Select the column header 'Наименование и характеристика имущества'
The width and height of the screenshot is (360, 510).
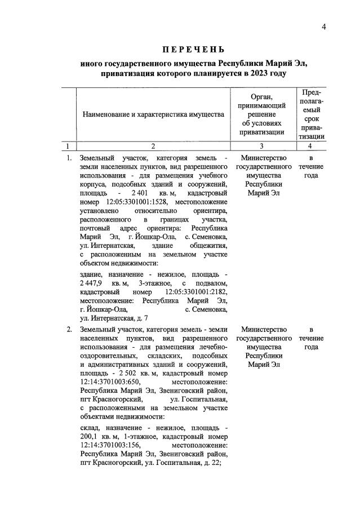point(154,114)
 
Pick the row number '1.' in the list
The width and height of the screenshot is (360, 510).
point(68,158)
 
